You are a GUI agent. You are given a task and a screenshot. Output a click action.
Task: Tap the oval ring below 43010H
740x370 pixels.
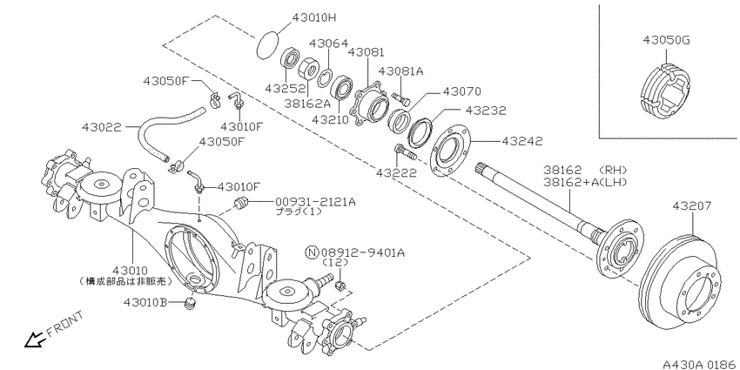click(273, 43)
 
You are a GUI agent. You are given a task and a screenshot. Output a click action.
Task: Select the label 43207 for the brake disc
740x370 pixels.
click(693, 206)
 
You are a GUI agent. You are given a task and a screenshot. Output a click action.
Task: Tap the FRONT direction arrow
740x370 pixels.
click(39, 330)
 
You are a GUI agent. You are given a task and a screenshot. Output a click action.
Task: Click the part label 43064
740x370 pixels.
click(328, 43)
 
